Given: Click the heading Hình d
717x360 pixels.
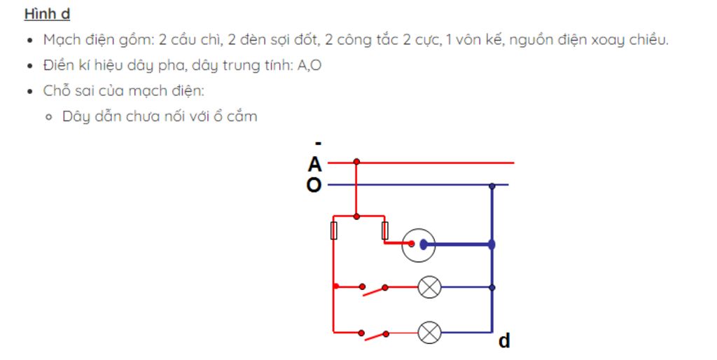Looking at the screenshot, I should (47, 14).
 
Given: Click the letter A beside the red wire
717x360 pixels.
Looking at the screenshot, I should (314, 165).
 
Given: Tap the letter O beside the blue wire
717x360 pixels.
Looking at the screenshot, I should (314, 186).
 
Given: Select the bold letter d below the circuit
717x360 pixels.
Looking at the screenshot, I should (504, 341).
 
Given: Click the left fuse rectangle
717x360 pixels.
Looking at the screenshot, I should (333, 230).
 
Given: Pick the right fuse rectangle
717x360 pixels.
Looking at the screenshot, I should (384, 230).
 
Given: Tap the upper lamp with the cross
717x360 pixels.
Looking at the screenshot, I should (430, 287).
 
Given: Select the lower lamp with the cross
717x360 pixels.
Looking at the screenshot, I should (430, 331).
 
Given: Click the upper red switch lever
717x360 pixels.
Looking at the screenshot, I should (374, 289).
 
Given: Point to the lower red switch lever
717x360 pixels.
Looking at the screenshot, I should (374, 334).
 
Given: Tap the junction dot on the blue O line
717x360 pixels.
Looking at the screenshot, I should (492, 186).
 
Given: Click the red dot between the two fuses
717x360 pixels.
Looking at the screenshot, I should (357, 216).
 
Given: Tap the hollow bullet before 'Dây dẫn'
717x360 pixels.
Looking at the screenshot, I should (48, 117).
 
